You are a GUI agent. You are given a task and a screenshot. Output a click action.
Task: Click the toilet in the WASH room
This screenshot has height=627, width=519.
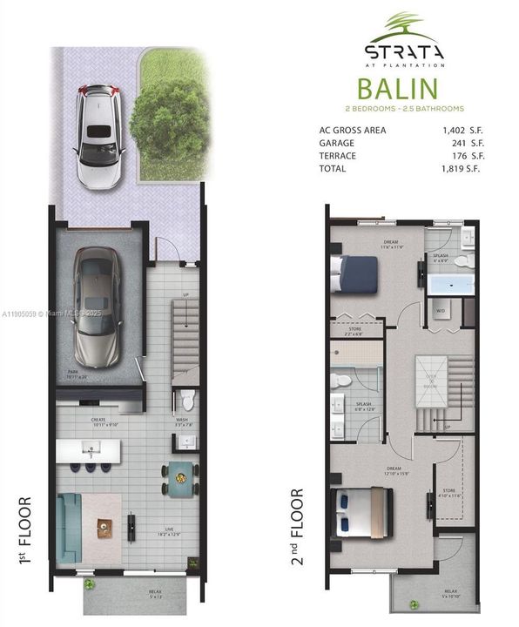tap(185, 400)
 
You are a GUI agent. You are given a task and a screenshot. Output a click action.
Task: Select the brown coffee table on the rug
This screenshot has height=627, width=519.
tap(105, 526)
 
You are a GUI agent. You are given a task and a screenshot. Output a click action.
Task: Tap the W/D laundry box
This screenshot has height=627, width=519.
tap(441, 310)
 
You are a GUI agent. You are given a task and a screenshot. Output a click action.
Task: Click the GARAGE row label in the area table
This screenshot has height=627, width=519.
tap(336, 144)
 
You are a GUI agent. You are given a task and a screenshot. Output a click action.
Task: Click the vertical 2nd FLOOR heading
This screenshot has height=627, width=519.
tap(299, 526)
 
